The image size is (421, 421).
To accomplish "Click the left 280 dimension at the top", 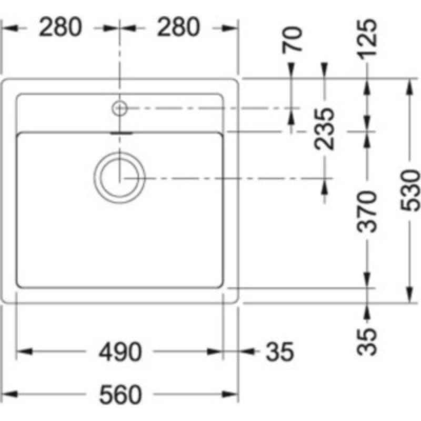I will click(61, 27).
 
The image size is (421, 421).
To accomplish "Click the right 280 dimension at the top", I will click(177, 27).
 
